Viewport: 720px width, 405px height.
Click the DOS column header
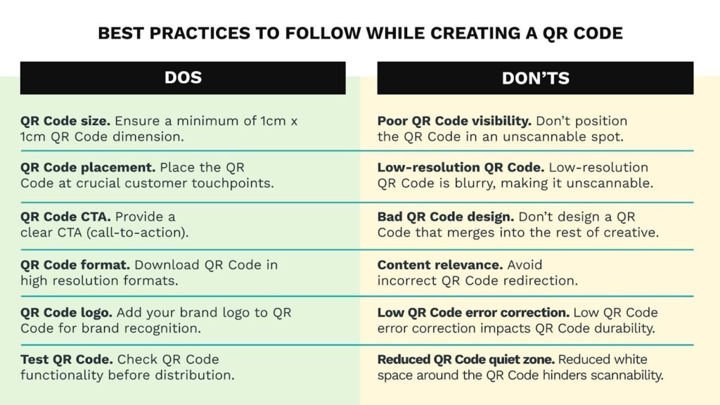click(x=183, y=77)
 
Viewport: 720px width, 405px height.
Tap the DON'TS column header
click(x=535, y=78)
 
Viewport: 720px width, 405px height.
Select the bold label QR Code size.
click(x=65, y=121)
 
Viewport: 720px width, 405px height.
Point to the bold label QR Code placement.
click(x=88, y=167)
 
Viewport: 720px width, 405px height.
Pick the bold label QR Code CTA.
click(x=65, y=217)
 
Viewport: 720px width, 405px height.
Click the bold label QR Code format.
click(x=75, y=265)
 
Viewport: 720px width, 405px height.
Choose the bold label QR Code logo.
click(x=66, y=313)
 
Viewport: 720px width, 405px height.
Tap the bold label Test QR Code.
click(x=67, y=359)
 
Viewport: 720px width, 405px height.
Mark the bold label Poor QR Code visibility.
click(x=454, y=121)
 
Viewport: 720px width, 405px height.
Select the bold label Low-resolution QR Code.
click(x=461, y=167)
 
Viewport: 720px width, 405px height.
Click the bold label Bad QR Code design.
click(x=445, y=217)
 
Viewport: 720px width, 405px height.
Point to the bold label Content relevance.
click(x=440, y=265)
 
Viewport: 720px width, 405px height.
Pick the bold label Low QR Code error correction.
click(x=473, y=313)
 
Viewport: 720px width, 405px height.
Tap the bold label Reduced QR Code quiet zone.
click(x=466, y=359)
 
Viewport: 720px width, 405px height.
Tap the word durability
click(x=624, y=328)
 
